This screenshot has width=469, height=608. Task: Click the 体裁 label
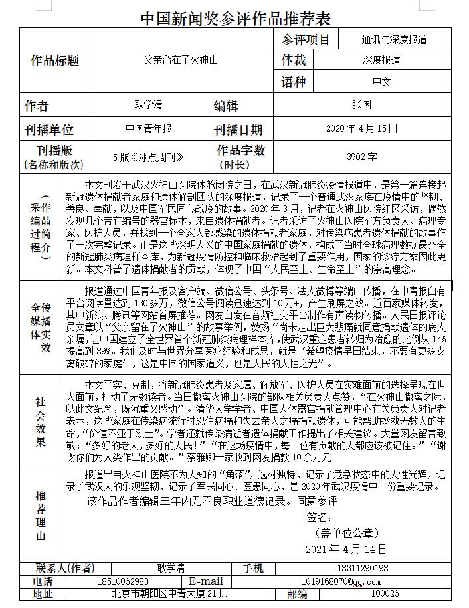tap(294, 60)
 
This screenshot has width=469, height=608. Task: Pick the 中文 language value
tap(381, 82)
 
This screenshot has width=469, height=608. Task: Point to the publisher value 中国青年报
tap(149, 128)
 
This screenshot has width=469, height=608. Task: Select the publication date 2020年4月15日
tap(362, 128)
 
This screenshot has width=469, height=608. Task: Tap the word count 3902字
tap(361, 157)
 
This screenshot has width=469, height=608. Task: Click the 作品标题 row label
tap(55, 61)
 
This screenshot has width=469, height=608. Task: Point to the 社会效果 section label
tap(41, 422)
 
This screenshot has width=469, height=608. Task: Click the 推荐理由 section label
tap(41, 515)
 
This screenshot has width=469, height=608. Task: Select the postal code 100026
tap(385, 594)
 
